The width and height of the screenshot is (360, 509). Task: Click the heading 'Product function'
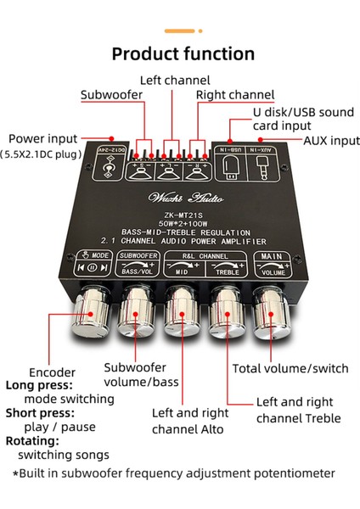[x=183, y=53]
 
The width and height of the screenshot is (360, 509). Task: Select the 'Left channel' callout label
[x=174, y=81]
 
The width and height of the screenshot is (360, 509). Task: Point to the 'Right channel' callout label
[x=235, y=94]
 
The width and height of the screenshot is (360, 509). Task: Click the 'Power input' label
[x=42, y=139]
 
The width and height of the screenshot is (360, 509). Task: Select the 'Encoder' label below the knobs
[x=52, y=372]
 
